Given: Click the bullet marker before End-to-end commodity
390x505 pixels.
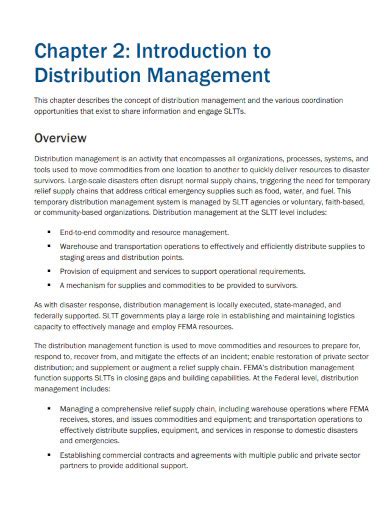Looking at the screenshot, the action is pos(49,231).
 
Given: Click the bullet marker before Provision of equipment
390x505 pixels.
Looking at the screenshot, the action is pos(49,270).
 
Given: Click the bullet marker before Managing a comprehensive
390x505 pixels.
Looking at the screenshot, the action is pos(49,407).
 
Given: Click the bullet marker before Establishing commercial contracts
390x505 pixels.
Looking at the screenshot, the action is pos(49,456).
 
